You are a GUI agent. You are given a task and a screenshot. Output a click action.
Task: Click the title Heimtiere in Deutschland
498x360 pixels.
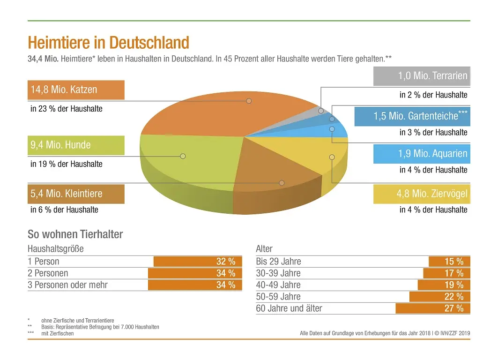click(108, 43)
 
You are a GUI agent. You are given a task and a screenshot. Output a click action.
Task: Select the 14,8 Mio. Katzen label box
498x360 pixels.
click(77, 90)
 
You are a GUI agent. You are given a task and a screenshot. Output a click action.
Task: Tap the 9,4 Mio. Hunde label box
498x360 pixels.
click(77, 145)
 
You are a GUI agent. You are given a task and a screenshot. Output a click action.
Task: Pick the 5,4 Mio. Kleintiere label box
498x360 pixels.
click(77, 194)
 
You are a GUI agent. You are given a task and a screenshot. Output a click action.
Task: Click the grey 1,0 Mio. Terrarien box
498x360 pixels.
click(422, 76)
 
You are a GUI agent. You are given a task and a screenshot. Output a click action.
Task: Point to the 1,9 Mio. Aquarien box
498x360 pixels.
click(422, 154)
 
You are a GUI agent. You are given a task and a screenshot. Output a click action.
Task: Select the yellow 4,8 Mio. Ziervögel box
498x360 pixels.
click(422, 194)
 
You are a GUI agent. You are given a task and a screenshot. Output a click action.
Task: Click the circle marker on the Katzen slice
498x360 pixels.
click(249, 101)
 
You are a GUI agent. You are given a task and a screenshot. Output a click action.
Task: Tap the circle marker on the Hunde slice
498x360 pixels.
click(183, 156)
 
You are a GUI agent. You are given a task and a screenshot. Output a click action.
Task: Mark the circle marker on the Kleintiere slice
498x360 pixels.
click(282, 183)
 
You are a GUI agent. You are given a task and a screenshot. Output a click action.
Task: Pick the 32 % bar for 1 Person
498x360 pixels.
click(198, 262)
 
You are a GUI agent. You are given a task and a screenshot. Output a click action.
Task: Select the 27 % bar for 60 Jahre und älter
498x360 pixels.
click(432, 308)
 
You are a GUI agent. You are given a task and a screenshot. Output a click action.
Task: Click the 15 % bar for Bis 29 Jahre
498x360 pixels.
click(449, 262)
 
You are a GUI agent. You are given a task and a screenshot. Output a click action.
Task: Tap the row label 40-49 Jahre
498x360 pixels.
click(278, 285)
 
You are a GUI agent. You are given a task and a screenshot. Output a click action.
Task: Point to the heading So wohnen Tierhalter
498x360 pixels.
click(75, 234)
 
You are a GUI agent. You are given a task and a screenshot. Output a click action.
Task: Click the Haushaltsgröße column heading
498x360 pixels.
click(56, 249)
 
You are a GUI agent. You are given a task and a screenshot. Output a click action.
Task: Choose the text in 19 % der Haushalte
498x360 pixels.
click(67, 164)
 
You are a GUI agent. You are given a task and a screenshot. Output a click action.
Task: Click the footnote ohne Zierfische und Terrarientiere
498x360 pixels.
click(77, 321)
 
